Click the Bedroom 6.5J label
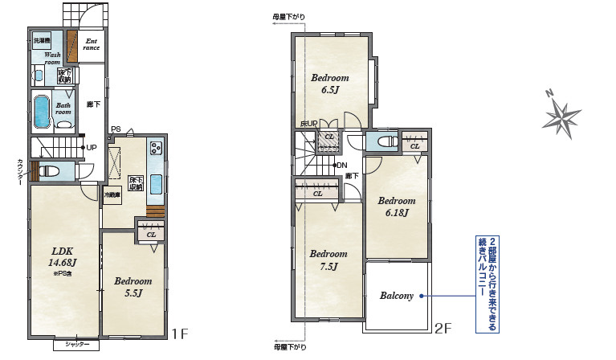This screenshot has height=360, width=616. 330,84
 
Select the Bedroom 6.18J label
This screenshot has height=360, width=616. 397,207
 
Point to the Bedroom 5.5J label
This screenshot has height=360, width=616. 133,287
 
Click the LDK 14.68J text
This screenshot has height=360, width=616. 62,256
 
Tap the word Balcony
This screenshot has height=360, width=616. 397,296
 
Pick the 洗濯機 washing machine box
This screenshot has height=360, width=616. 42,40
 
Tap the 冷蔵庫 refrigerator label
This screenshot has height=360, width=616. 112,194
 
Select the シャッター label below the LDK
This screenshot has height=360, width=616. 77,345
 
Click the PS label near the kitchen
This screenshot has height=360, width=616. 116,129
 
